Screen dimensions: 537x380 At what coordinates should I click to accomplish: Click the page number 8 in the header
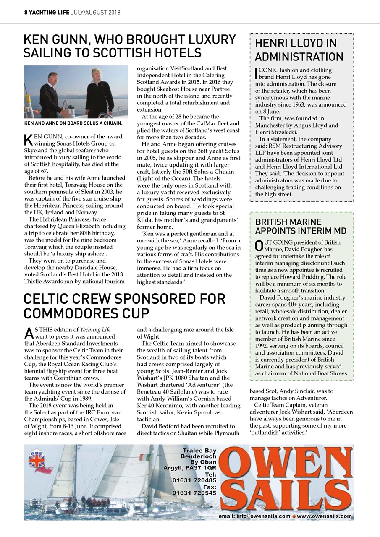pos(25,13)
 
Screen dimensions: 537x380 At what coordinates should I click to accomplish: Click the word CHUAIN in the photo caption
pos(110,123)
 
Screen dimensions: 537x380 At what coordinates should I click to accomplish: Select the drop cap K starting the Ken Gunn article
pos(28,139)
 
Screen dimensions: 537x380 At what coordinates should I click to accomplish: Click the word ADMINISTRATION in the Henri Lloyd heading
pos(299,57)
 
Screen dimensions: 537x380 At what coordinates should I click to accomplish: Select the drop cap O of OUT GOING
pos(259,246)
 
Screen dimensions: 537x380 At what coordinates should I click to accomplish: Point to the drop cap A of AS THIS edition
pos(29,333)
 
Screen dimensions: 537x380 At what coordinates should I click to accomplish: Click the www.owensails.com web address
pos(324,516)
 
